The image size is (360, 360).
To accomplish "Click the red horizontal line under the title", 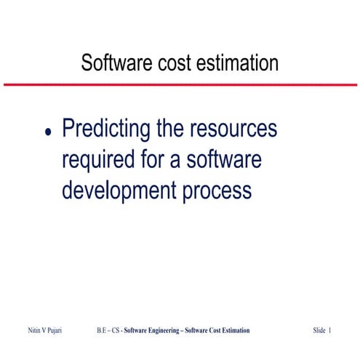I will pos(180,84).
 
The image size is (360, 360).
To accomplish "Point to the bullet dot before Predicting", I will pos(49,133).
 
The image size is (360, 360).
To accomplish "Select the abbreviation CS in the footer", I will pos(117,331).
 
